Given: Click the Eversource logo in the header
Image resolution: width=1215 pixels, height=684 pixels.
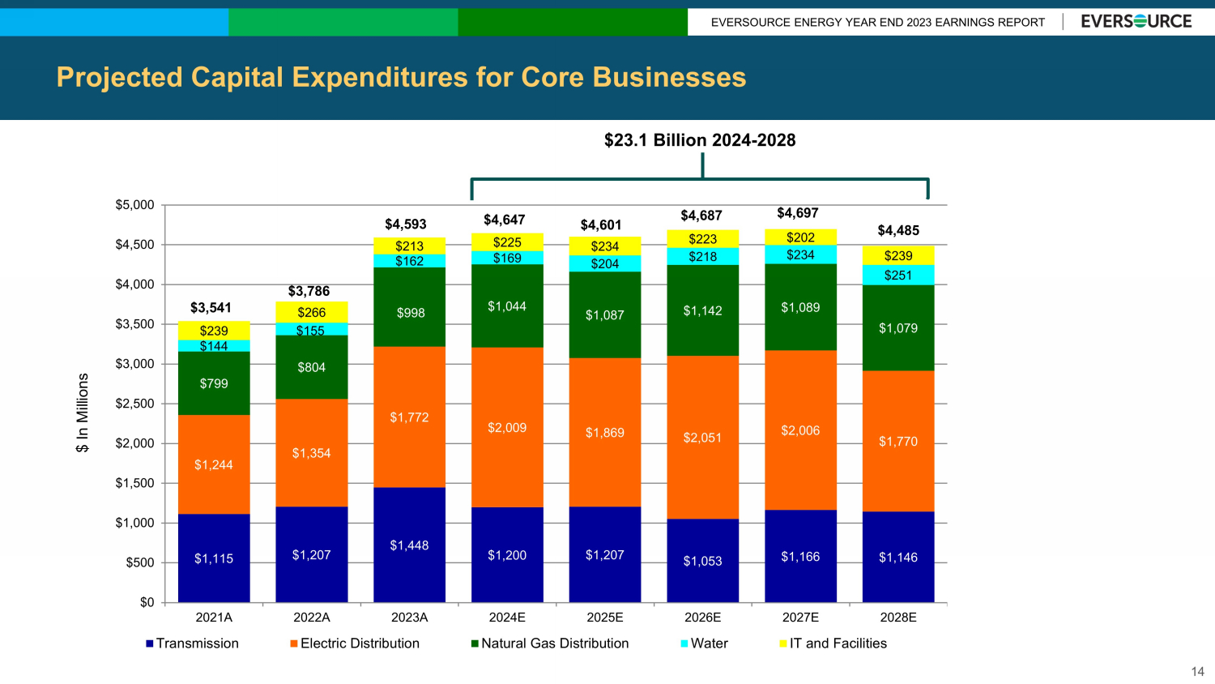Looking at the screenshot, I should tap(1136, 22).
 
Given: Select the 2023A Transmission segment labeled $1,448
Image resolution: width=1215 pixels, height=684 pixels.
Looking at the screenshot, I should tap(409, 545).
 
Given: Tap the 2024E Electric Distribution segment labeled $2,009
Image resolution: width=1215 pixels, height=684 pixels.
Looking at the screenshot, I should tap(507, 427).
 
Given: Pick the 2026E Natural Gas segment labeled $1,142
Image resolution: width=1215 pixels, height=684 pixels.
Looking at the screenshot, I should tap(702, 310).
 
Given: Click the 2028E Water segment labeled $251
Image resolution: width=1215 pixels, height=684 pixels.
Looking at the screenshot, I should tap(898, 276).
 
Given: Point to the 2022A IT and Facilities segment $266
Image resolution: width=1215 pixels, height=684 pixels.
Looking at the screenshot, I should tap(312, 312).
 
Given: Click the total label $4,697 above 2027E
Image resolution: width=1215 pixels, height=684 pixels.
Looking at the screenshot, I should tap(798, 213).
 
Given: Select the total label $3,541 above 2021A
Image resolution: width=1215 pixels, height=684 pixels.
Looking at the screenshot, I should tap(211, 308).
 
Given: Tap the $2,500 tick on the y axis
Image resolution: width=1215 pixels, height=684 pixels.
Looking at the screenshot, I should tap(134, 404).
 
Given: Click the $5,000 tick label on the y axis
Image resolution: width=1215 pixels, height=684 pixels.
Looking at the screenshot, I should tap(134, 205).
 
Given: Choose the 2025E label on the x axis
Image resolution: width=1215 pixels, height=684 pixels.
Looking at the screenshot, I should tap(605, 618).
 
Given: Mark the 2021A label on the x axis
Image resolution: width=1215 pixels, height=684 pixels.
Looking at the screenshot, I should tap(214, 618).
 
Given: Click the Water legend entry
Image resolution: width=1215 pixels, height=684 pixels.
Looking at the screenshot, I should tap(704, 643).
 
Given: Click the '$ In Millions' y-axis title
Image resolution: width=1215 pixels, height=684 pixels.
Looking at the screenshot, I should tap(83, 413).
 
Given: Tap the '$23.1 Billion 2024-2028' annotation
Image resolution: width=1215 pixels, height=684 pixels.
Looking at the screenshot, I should tap(700, 140).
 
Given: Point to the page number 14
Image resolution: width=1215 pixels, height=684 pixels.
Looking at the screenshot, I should tap(1197, 672).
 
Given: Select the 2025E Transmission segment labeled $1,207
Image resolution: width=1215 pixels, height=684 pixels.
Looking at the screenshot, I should tap(605, 555).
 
